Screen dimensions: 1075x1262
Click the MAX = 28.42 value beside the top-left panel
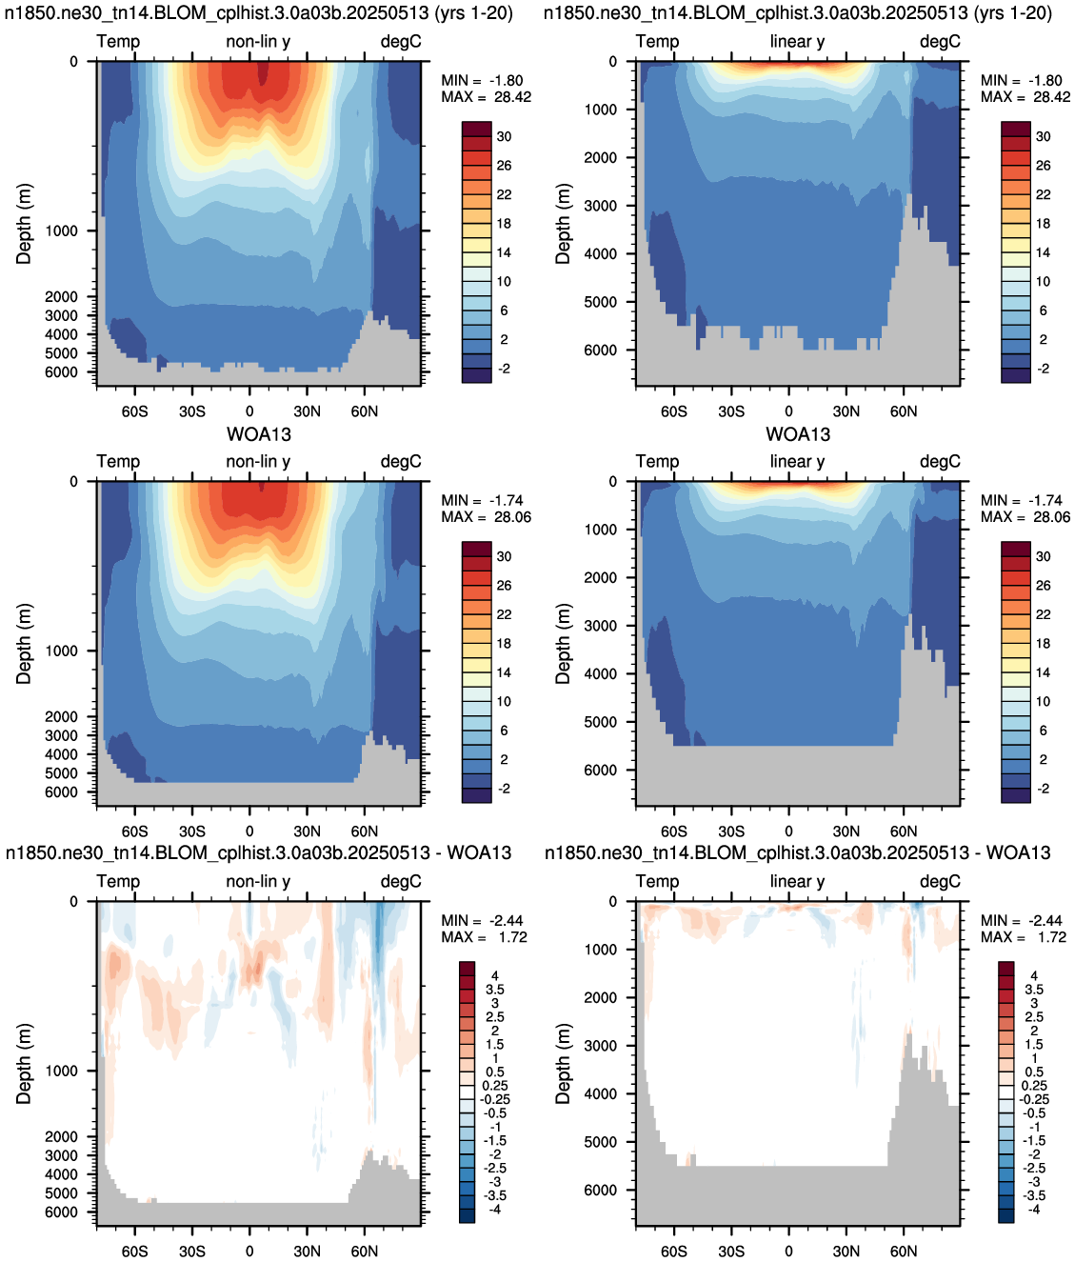click(486, 97)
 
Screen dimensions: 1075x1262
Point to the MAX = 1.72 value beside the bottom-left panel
click(484, 936)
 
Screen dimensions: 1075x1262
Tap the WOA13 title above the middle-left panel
click(259, 434)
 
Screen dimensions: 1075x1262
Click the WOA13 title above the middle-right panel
click(798, 434)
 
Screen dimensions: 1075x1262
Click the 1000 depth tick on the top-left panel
click(62, 230)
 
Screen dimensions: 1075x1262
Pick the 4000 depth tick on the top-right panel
click(601, 253)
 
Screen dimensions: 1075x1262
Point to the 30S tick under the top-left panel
click(191, 411)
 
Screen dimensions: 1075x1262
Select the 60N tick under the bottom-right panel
click(904, 1251)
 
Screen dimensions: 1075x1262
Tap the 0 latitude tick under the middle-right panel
click(788, 831)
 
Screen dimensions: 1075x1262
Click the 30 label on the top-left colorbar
click(504, 136)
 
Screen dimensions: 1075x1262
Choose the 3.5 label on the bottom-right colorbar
click(1034, 989)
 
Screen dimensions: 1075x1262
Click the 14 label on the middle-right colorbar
click(1043, 672)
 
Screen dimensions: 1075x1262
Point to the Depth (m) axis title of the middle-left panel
click(23, 644)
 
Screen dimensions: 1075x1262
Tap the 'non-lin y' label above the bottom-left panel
click(258, 881)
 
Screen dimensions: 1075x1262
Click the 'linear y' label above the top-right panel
click(797, 41)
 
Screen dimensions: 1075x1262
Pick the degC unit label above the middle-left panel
click(401, 461)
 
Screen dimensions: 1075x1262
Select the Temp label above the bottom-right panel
click(657, 881)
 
